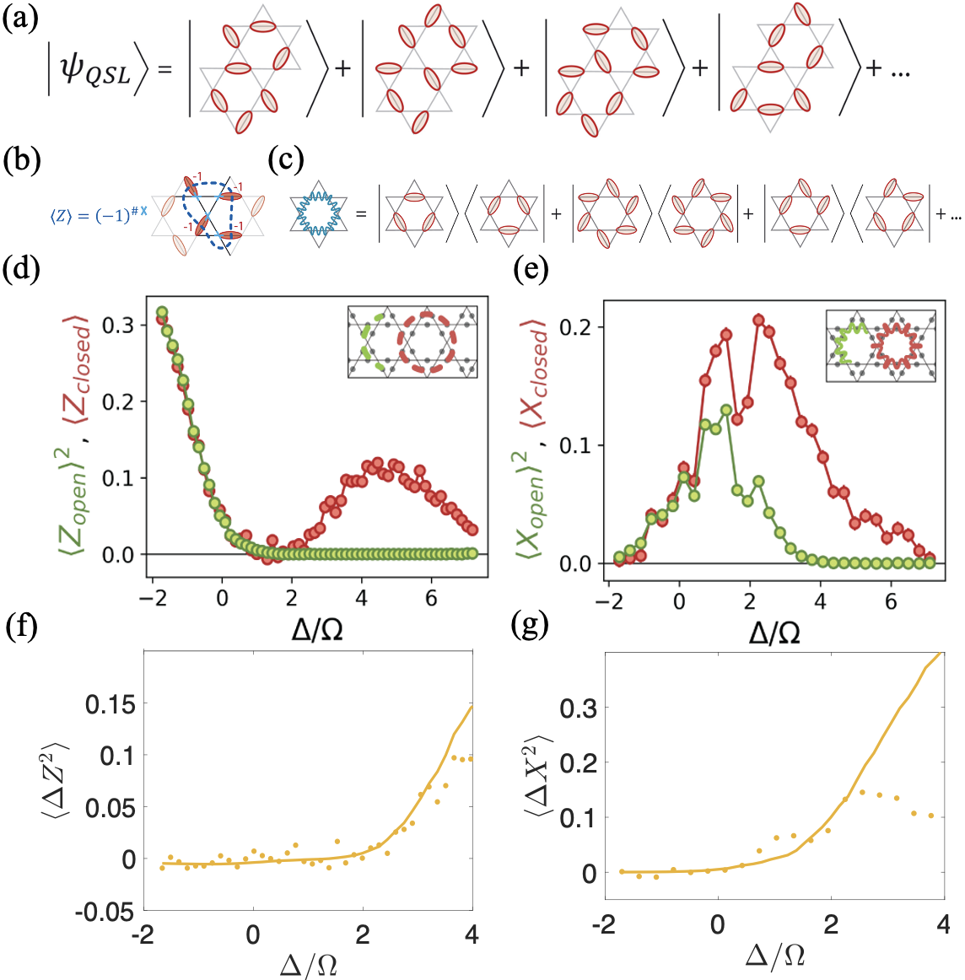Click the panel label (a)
coord(19,19)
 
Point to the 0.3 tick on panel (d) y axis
coord(121,326)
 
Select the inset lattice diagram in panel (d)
coord(412,342)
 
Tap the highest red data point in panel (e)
coord(758,320)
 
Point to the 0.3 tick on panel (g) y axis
coord(578,708)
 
